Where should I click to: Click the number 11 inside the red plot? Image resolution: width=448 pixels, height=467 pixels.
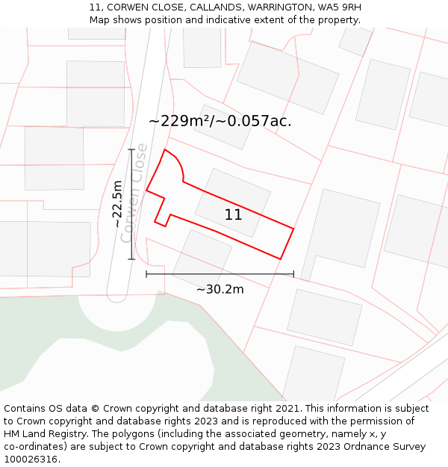coord(233,215)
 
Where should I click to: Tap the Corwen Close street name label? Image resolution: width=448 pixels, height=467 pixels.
coord(135,192)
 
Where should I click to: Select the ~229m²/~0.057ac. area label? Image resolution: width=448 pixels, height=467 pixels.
coord(220,121)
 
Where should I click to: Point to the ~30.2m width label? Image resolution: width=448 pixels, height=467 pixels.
coord(220,289)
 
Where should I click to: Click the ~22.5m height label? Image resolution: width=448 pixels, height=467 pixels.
coord(117,204)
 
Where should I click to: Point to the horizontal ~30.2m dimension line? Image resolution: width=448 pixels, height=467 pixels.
coord(220,274)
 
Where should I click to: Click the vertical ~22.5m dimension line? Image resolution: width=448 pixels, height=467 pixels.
coord(132,204)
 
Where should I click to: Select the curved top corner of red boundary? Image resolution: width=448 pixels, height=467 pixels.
coord(177,162)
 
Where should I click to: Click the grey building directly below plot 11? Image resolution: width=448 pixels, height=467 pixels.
coord(202,255)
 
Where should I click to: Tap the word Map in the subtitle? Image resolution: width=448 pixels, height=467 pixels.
coord(99,20)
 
